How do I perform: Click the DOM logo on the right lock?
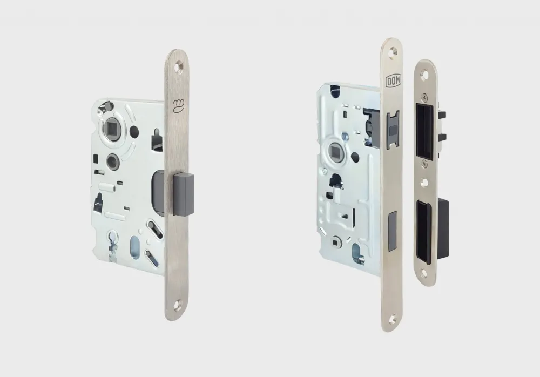[x=393, y=82]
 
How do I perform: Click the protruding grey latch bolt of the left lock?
[x=184, y=194]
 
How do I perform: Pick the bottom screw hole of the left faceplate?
[x=179, y=305]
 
